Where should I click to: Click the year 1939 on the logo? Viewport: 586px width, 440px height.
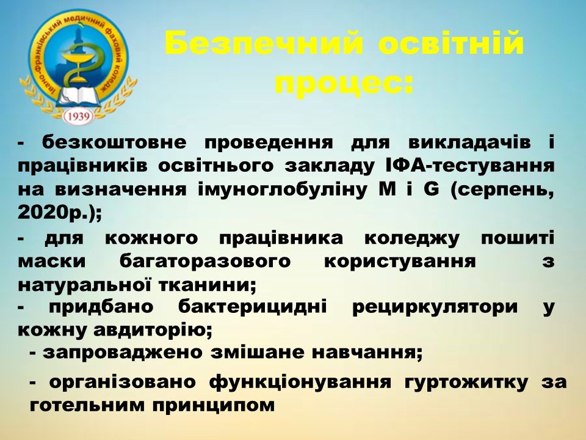(79, 117)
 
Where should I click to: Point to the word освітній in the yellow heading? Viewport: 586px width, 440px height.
(451, 43)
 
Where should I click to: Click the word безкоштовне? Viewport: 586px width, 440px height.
(114, 142)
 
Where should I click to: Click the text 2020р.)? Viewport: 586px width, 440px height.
(59, 213)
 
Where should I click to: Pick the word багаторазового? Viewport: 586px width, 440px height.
(205, 261)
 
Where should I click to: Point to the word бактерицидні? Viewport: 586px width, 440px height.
(252, 307)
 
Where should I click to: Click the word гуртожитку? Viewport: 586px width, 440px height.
(466, 383)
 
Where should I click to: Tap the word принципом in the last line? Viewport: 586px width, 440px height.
(214, 406)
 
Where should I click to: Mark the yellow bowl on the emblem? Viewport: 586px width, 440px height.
(78, 57)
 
